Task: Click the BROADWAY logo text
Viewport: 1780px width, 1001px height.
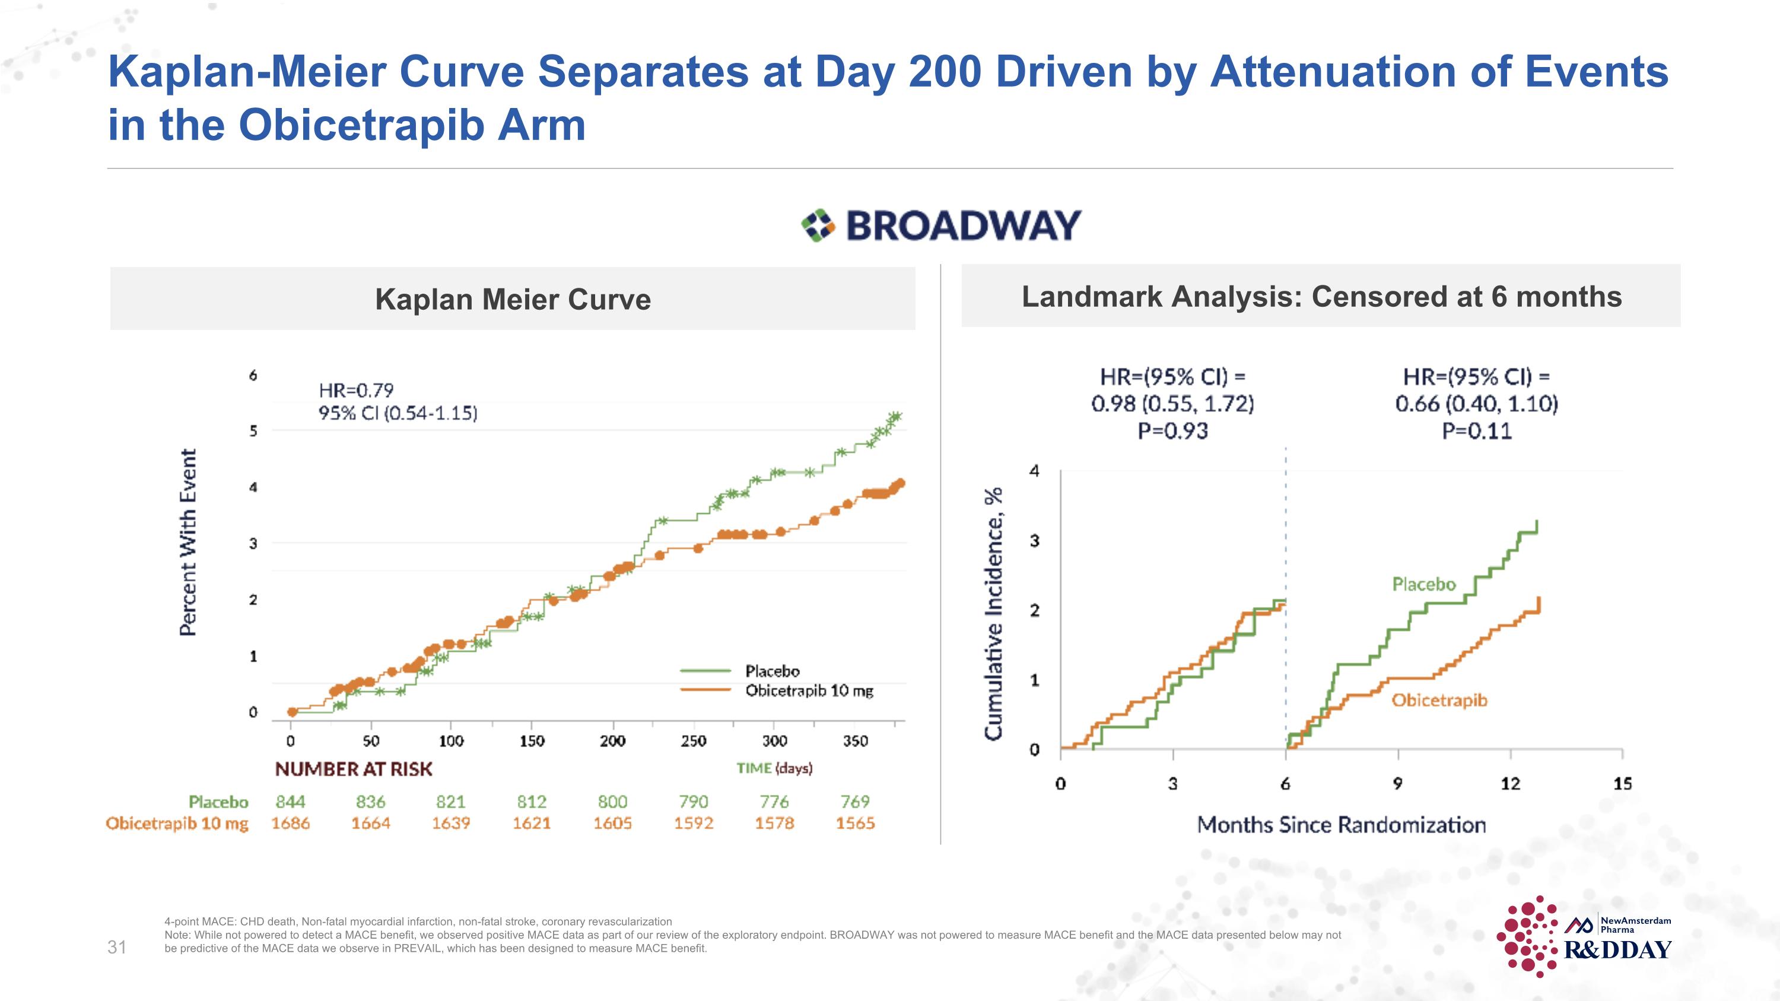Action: pyautogui.click(x=962, y=225)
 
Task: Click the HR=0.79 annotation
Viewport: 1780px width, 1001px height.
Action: pyautogui.click(x=356, y=390)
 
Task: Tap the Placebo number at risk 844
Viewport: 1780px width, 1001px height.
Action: pyautogui.click(x=290, y=802)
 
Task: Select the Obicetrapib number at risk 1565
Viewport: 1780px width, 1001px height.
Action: pyautogui.click(x=856, y=823)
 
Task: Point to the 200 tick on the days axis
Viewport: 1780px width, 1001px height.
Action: pyautogui.click(x=612, y=741)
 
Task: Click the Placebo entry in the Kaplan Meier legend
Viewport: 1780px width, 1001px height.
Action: pyautogui.click(x=772, y=670)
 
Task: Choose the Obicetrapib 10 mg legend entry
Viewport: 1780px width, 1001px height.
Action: pyautogui.click(x=809, y=691)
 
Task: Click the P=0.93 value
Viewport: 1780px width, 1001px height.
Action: pyautogui.click(x=1172, y=431)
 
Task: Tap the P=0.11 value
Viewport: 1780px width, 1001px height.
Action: pyautogui.click(x=1477, y=431)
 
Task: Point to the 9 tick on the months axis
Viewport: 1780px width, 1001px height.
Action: pyautogui.click(x=1397, y=783)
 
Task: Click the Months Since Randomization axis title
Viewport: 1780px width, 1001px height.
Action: pyautogui.click(x=1341, y=825)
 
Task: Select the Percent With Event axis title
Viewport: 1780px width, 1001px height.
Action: pyautogui.click(x=188, y=542)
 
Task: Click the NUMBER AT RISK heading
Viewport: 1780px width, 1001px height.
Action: pyautogui.click(x=354, y=769)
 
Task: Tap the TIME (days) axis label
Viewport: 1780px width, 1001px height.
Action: pyautogui.click(x=774, y=768)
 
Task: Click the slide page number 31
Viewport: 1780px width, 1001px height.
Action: pyautogui.click(x=117, y=947)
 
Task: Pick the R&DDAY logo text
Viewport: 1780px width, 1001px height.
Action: pyautogui.click(x=1617, y=950)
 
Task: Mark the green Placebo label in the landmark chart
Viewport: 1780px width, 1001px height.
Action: pyautogui.click(x=1423, y=584)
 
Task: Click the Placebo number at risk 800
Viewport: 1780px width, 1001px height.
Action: pyautogui.click(x=612, y=802)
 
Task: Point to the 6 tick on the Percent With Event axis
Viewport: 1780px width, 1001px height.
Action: pyautogui.click(x=253, y=375)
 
